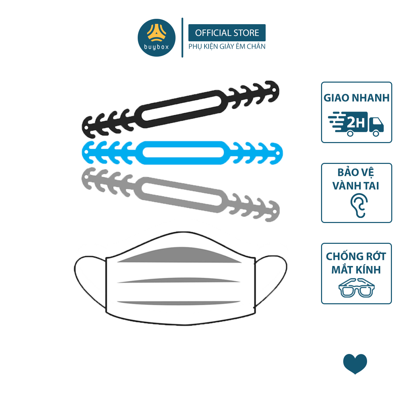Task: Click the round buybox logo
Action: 156,38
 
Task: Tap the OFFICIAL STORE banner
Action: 227,33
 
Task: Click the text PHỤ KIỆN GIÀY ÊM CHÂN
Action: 227,46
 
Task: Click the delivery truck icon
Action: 356,124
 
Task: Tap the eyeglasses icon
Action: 357,288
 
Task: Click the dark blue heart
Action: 355,365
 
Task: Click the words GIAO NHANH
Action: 357,98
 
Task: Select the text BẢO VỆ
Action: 356,173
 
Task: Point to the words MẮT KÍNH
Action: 356,270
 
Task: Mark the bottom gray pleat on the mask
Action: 179,303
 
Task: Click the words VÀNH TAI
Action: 356,186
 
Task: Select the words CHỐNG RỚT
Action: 356,256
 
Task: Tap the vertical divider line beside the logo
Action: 182,38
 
